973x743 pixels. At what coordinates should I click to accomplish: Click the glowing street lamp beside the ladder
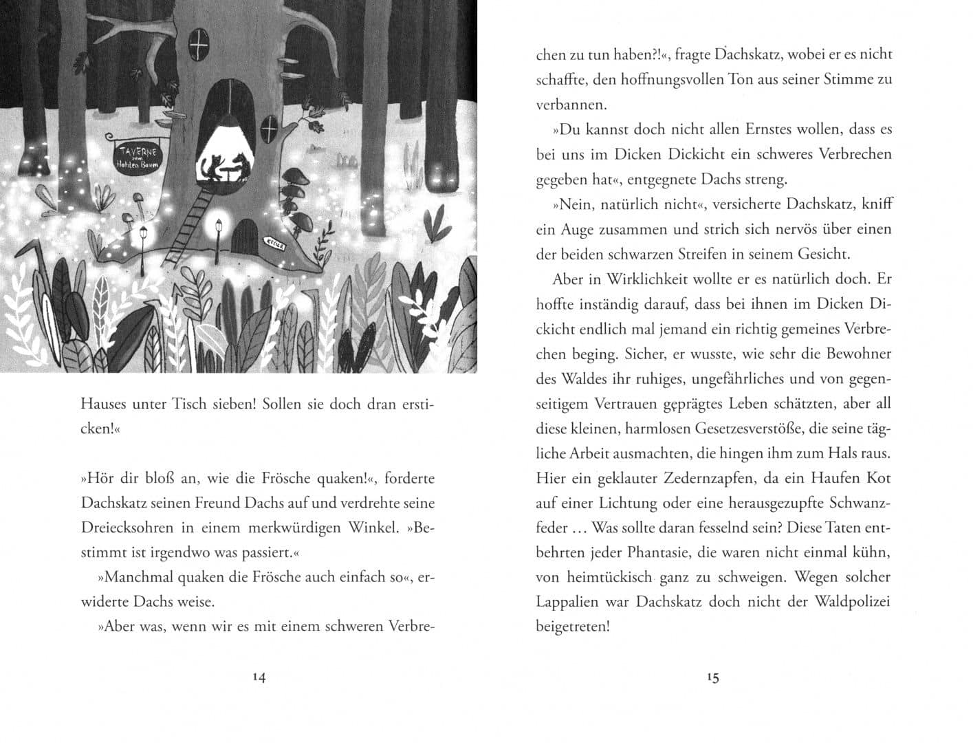219,229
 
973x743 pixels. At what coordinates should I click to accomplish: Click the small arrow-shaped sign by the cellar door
279,243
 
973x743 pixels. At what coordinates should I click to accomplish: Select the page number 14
259,677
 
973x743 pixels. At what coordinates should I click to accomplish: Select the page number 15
712,677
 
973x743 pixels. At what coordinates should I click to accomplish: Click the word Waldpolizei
853,602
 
